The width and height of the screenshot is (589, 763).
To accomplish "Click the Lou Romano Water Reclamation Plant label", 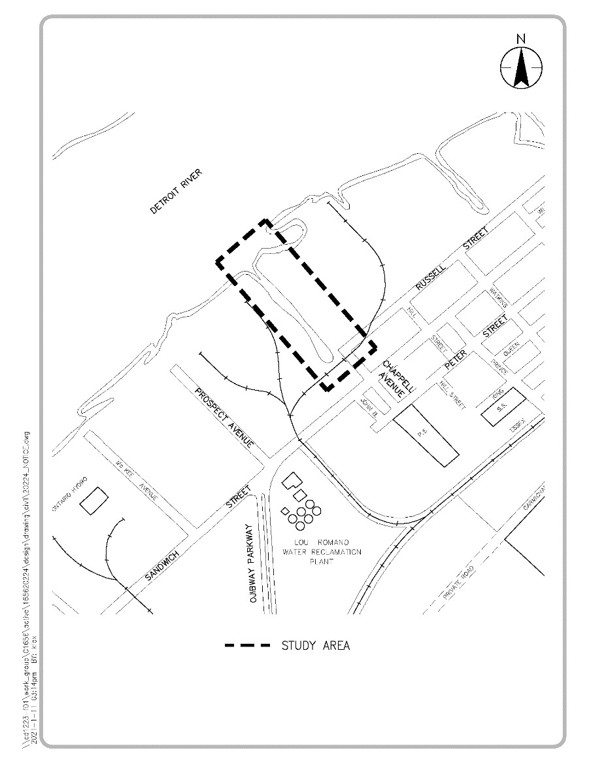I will [322, 552].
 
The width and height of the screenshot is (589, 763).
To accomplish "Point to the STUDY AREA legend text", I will [316, 646].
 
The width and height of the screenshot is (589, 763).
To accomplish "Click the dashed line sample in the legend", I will [247, 646].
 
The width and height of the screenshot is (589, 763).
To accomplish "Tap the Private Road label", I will [458, 584].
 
